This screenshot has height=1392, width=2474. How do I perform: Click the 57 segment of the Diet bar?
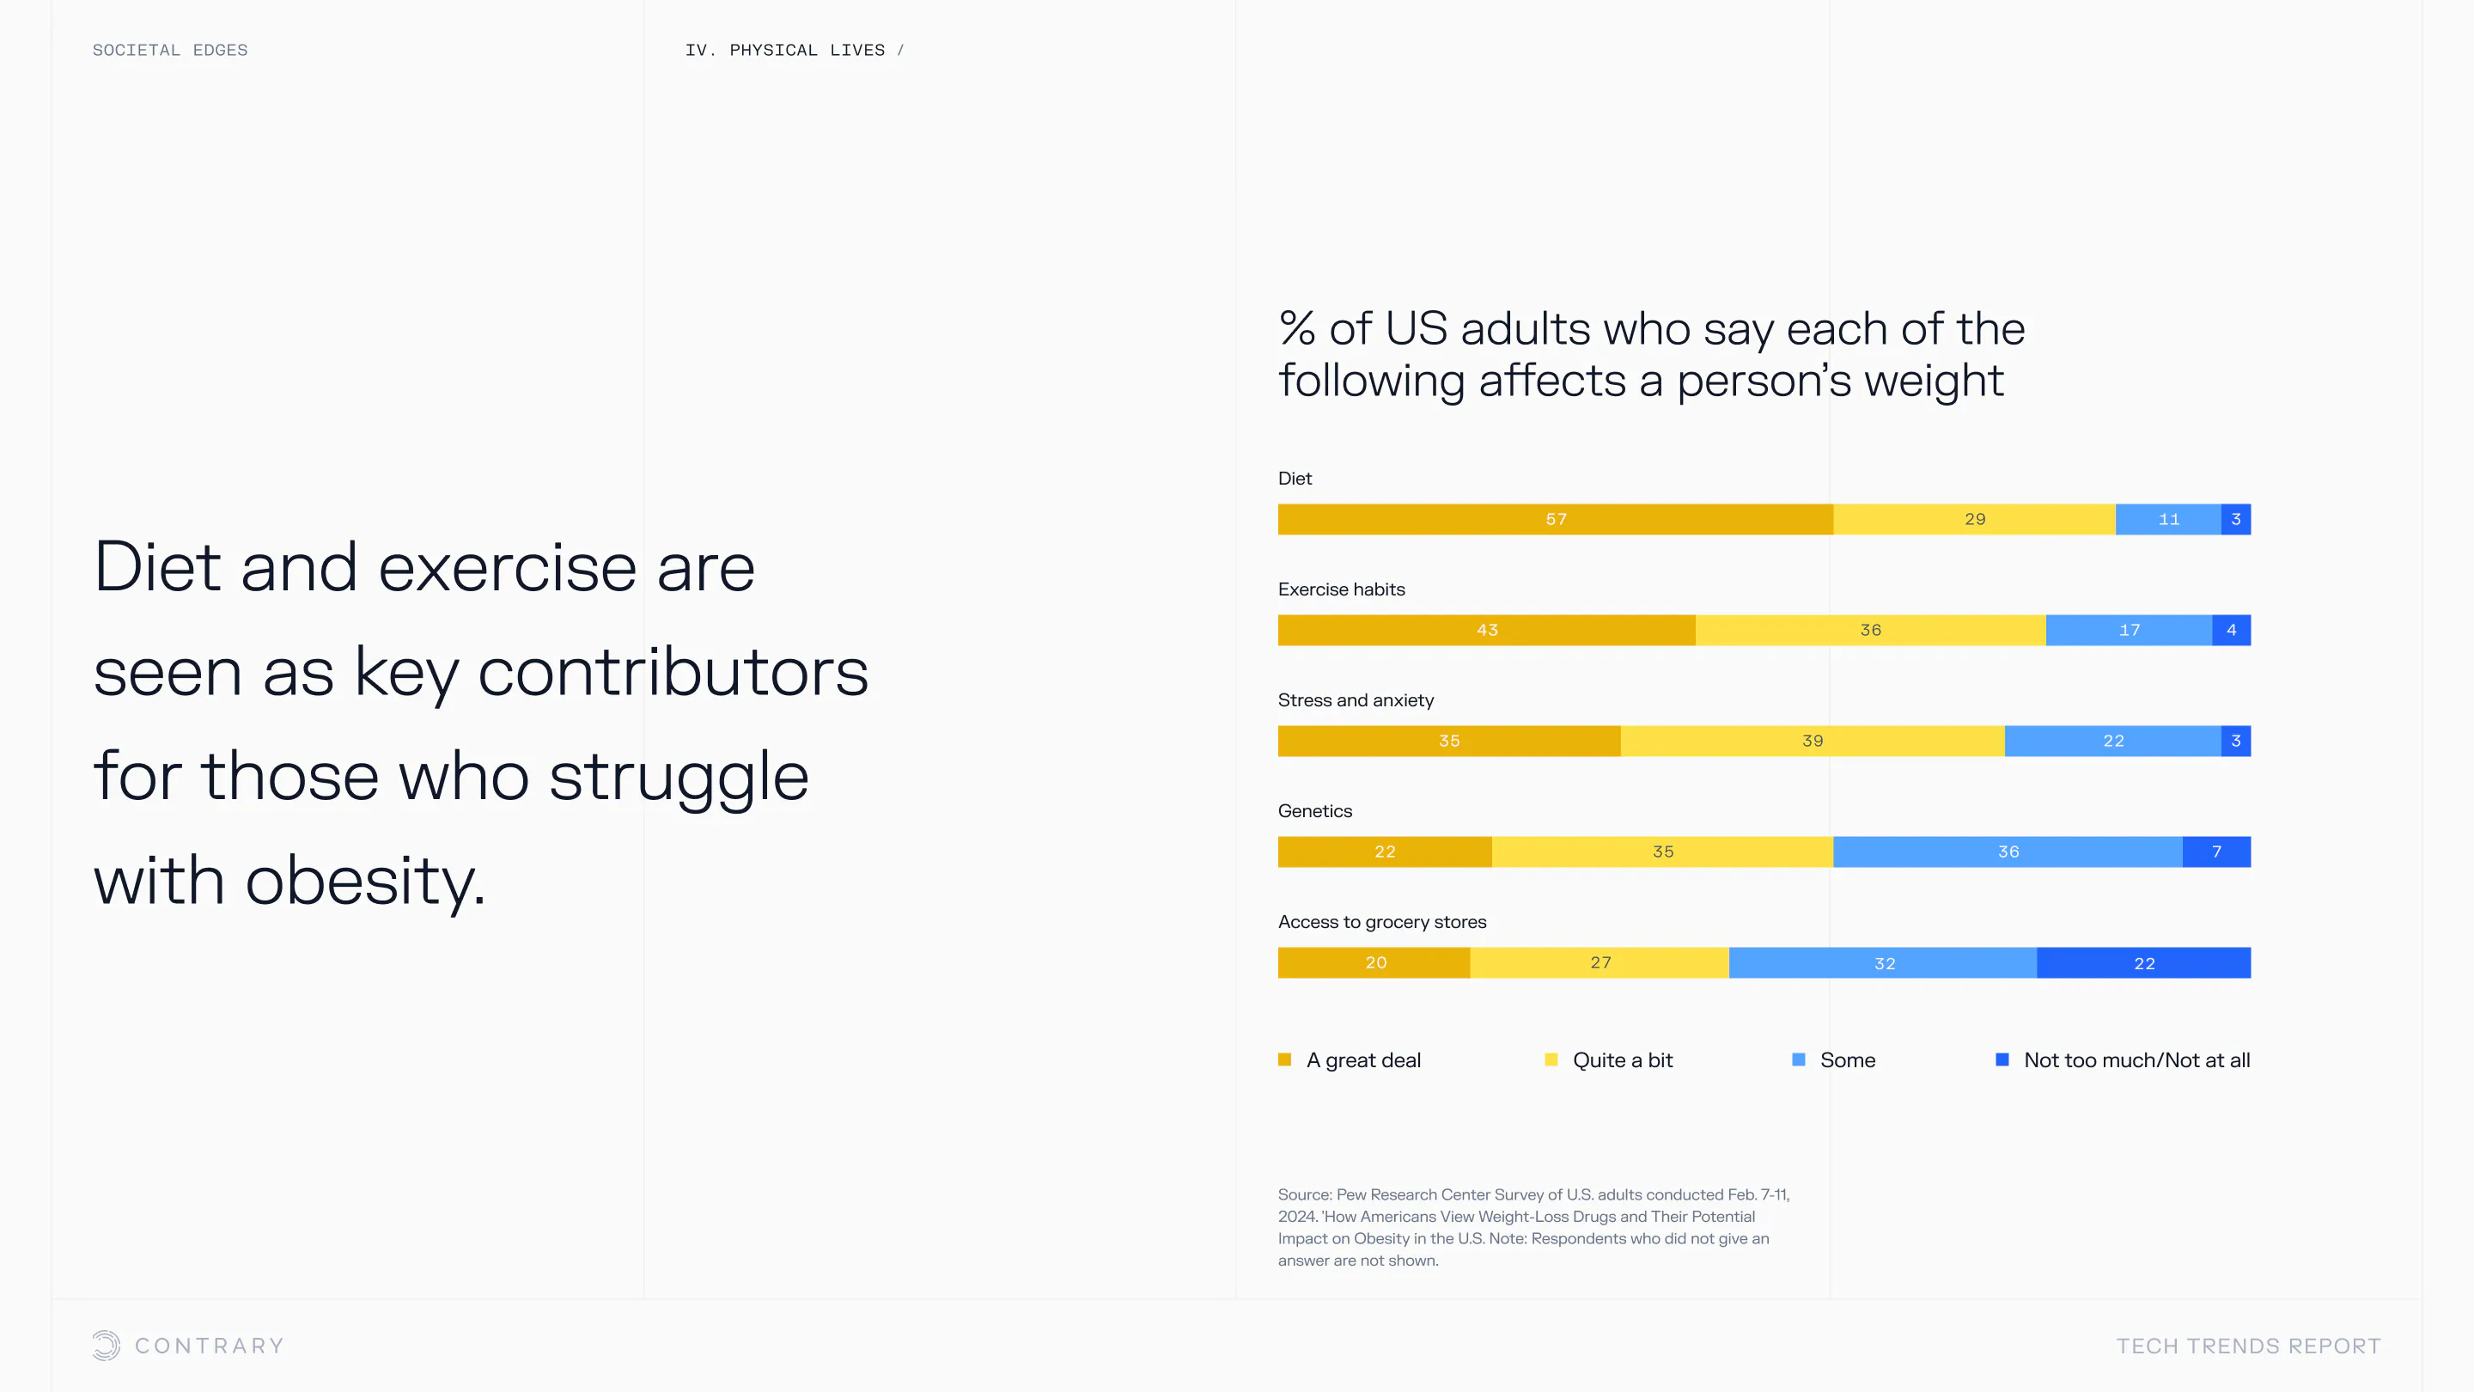click(1555, 519)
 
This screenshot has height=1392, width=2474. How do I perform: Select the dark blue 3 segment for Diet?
click(2235, 519)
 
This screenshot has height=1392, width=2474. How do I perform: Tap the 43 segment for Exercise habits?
click(1486, 630)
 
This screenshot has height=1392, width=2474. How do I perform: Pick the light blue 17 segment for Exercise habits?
click(2129, 630)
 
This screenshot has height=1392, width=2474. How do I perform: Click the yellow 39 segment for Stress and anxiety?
click(1812, 741)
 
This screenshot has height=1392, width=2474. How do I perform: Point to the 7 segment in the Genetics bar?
click(2215, 852)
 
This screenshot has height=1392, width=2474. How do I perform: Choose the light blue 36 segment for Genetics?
click(2008, 852)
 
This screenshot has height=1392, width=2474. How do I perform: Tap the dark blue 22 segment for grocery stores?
click(2142, 962)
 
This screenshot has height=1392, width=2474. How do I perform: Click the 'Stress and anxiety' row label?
click(1356, 700)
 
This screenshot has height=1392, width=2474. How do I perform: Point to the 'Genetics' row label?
click(1313, 811)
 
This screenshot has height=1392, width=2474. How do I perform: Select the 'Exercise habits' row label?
click(1341, 589)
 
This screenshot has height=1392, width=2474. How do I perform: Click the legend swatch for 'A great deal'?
click(1284, 1059)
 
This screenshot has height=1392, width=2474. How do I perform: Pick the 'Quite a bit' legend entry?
click(1621, 1059)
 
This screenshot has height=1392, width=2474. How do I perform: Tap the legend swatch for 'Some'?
click(1798, 1059)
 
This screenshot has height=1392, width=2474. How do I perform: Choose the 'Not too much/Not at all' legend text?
click(2136, 1059)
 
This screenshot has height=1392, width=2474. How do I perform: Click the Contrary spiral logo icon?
click(107, 1345)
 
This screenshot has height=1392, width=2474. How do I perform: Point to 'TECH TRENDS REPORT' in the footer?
click(2248, 1346)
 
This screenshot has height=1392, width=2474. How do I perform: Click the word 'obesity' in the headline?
click(364, 880)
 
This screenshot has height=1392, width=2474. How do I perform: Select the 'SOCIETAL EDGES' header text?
click(170, 50)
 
